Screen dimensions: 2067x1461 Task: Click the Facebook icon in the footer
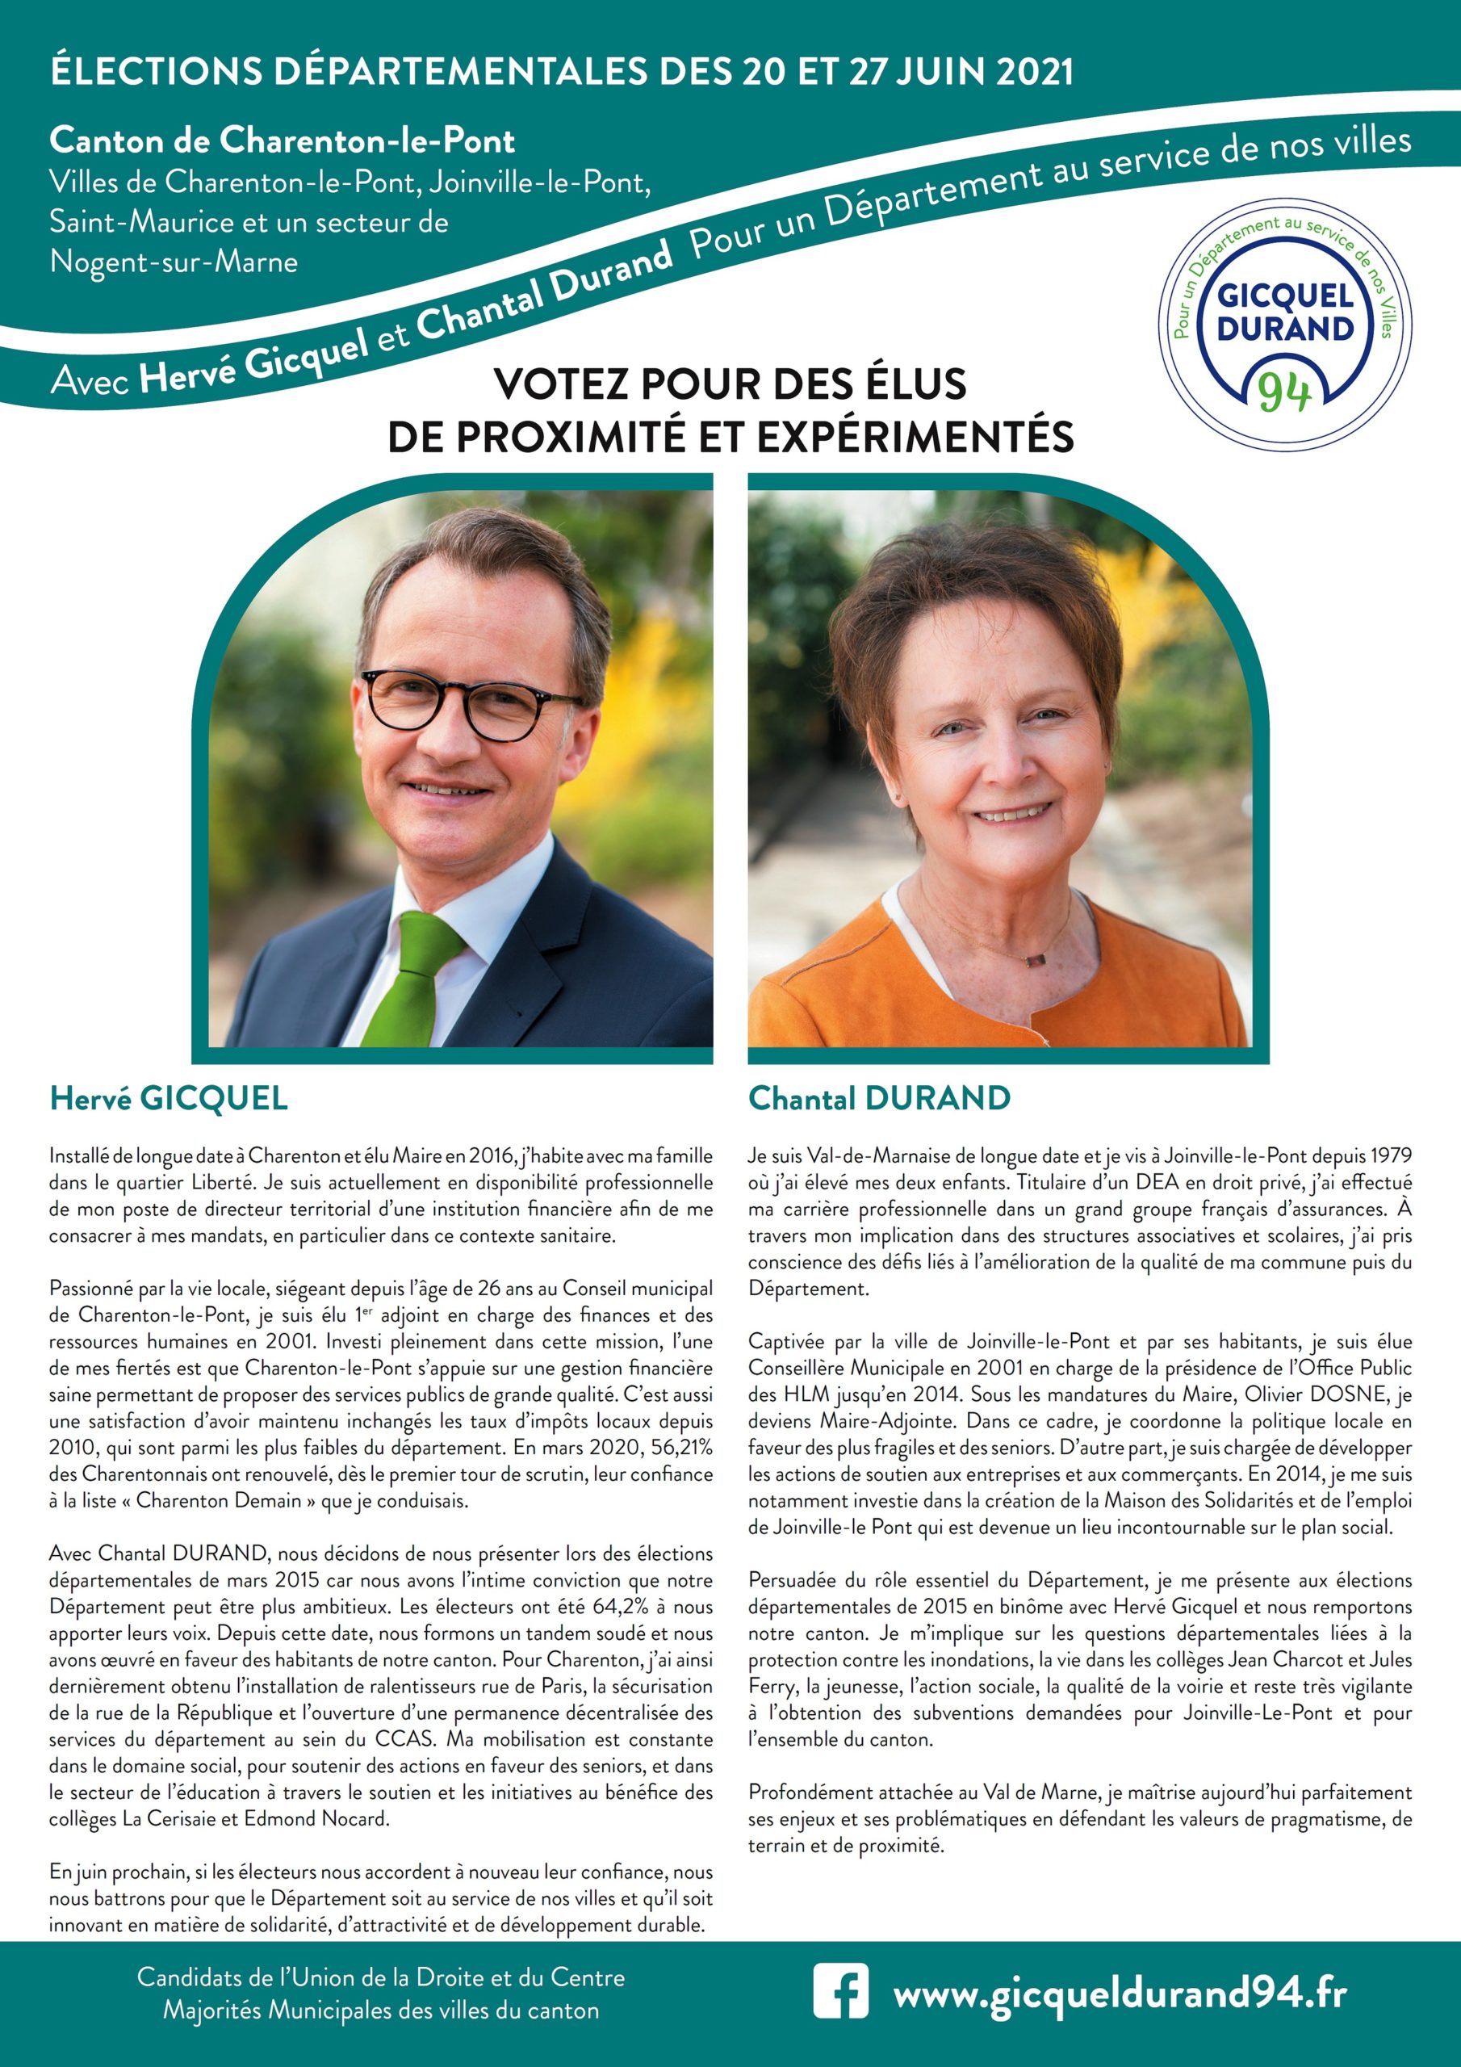[841, 1990]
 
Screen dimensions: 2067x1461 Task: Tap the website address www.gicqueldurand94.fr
[1120, 1990]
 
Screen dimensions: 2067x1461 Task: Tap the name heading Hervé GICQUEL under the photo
[169, 1098]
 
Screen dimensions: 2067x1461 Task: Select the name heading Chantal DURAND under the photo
[880, 1098]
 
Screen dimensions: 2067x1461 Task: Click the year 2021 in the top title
[1034, 72]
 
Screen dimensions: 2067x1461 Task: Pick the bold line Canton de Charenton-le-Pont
[282, 140]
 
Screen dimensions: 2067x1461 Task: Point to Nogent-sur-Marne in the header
[174, 262]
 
